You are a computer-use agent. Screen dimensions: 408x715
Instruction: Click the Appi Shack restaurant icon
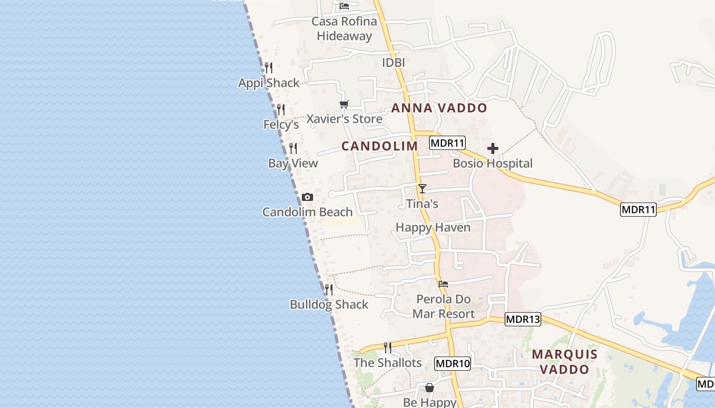tap(269, 67)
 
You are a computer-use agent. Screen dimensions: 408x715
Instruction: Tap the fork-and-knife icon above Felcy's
tap(281, 109)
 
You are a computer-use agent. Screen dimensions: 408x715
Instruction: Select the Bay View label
tap(293, 163)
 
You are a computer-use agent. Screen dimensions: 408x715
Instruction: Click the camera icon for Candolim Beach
tap(307, 197)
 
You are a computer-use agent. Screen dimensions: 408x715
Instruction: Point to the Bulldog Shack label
tap(329, 304)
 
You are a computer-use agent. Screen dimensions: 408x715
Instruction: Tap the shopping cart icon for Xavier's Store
tap(344, 104)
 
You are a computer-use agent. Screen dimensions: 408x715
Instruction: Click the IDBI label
tap(393, 62)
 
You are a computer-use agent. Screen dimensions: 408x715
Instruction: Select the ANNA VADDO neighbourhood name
tap(439, 108)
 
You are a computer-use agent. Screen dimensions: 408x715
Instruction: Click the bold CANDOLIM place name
tap(379, 146)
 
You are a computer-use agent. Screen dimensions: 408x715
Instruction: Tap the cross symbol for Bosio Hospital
tap(493, 148)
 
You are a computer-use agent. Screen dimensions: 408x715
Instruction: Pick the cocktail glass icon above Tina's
tap(422, 189)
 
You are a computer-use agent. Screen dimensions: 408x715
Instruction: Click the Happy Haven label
tap(433, 227)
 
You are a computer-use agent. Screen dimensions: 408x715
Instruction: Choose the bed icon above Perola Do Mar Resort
tap(443, 284)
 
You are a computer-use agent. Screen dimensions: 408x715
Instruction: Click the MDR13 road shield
tap(522, 320)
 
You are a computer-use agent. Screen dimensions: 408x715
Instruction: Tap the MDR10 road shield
tap(452, 364)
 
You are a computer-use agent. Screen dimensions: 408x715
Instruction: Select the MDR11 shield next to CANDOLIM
tap(447, 143)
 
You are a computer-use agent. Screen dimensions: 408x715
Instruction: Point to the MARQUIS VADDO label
tap(564, 362)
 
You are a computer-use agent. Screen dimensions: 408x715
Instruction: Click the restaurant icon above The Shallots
tap(388, 347)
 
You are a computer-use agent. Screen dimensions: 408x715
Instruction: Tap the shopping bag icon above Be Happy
tap(430, 388)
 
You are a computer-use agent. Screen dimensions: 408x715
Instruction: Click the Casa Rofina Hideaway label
tap(344, 29)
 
